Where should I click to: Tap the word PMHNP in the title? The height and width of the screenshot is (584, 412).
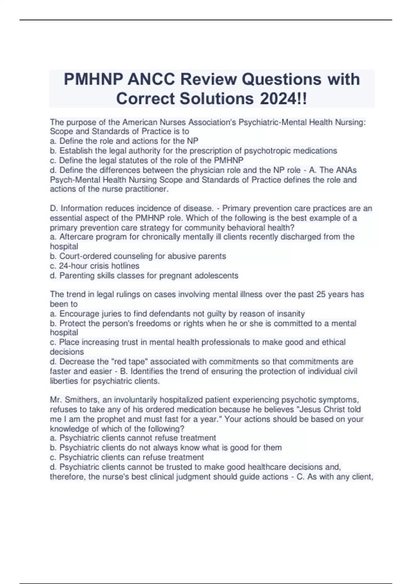point(93,79)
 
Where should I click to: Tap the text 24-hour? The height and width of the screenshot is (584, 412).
point(74,266)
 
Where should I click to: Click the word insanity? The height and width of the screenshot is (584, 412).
point(289,314)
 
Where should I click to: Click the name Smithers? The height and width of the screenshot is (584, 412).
point(81,400)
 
